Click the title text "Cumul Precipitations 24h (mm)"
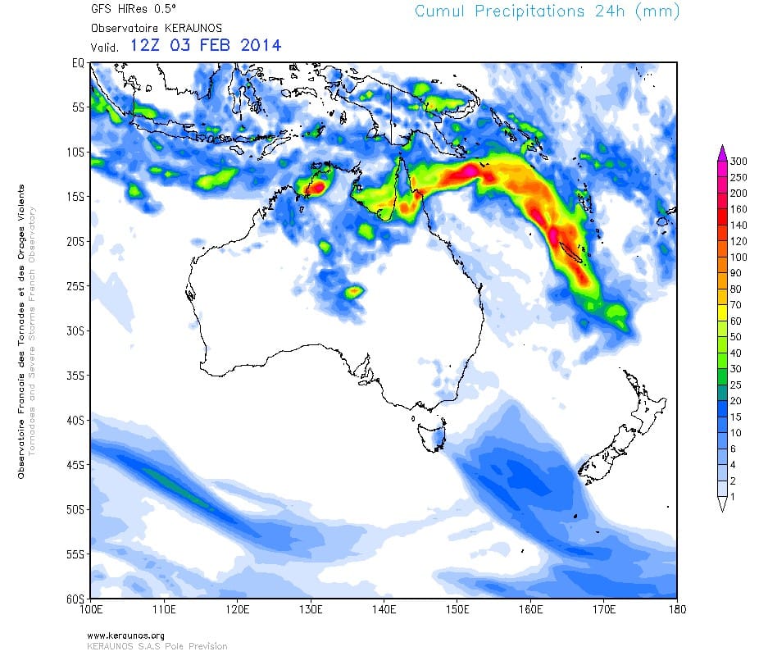[547, 11]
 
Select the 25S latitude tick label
[75, 286]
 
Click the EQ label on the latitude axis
[79, 62]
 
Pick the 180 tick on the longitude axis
[676, 610]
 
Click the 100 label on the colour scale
[738, 257]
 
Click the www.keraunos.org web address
[125, 635]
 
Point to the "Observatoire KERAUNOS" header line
[144, 28]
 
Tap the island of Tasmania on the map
[432, 434]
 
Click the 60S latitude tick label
[75, 599]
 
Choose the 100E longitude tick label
[91, 610]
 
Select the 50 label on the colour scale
[736, 336]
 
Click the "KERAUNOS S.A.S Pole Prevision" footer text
[157, 646]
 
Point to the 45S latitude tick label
[75, 465]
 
